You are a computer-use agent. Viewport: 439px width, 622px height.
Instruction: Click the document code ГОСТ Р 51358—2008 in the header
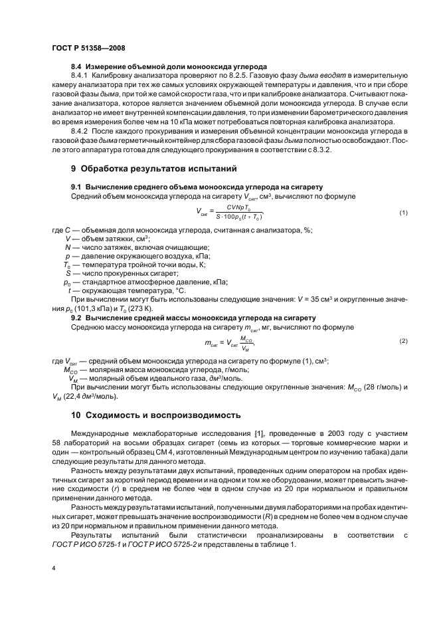tap(88, 49)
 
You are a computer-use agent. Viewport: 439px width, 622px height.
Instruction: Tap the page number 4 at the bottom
tap(53, 568)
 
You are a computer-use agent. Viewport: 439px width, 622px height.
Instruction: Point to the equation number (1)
tap(402, 213)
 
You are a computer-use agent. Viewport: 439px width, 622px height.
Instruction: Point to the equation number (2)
tap(402, 341)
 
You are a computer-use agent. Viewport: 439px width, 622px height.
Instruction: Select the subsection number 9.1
tap(76, 187)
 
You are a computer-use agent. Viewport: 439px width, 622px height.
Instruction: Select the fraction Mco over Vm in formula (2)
tap(246, 342)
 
